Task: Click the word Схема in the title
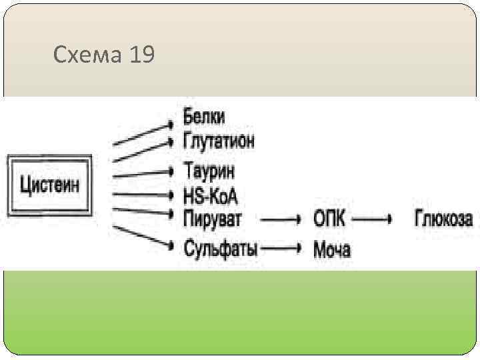(x=85, y=55)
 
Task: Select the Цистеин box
(x=50, y=183)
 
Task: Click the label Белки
(x=205, y=117)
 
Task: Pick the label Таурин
(x=210, y=171)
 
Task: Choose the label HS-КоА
(x=211, y=196)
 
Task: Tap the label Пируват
(x=213, y=217)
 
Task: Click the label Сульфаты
(x=221, y=250)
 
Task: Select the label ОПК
(x=329, y=218)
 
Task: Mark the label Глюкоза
(x=444, y=218)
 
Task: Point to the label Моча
(x=332, y=250)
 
